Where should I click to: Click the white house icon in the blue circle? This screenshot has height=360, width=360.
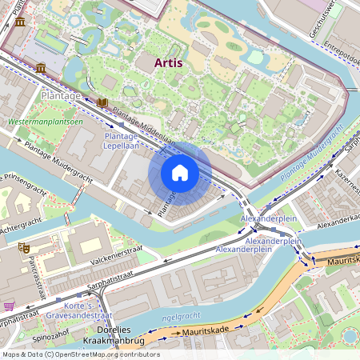pyautogui.click(x=180, y=173)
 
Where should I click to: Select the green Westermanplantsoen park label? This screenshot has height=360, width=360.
pyautogui.click(x=45, y=122)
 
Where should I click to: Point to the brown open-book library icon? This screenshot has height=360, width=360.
pyautogui.click(x=102, y=102)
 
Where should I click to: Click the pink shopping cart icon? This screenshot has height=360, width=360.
pyautogui.click(x=9, y=306)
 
